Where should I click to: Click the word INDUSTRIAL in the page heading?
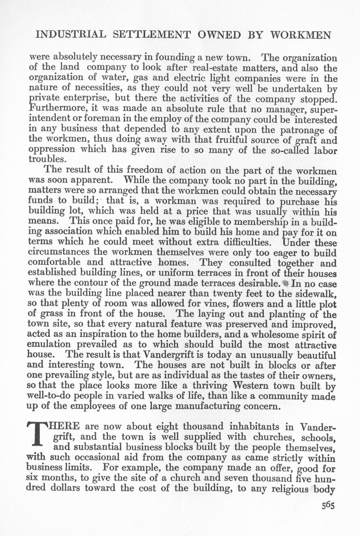coord(70,35)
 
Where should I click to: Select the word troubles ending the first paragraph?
coord(45,159)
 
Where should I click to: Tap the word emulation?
coord(49,345)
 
